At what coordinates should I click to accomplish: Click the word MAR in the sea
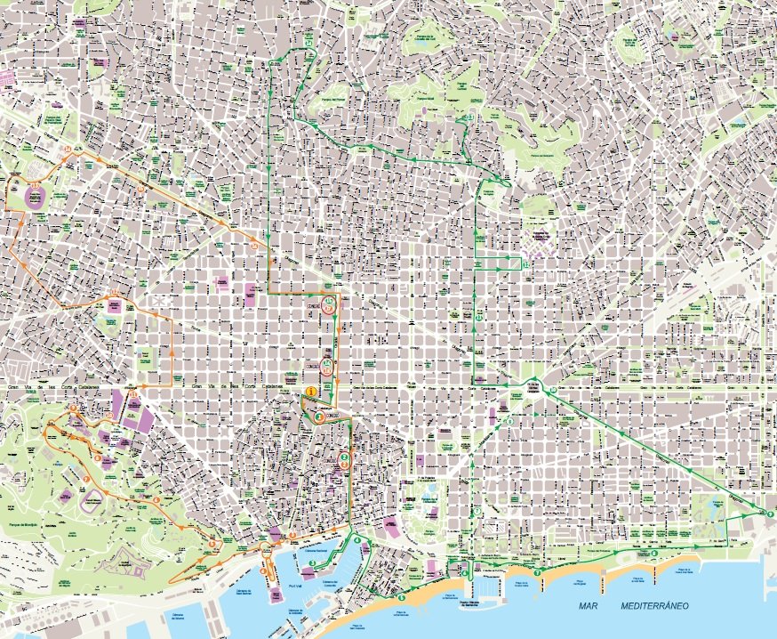point(587,606)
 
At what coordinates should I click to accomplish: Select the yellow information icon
point(311,391)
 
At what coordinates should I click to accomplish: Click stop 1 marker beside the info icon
point(317,416)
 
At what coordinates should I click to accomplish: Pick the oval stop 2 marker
point(343,459)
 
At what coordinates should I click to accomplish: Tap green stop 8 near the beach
point(653,552)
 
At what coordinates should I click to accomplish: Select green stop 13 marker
point(468,117)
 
